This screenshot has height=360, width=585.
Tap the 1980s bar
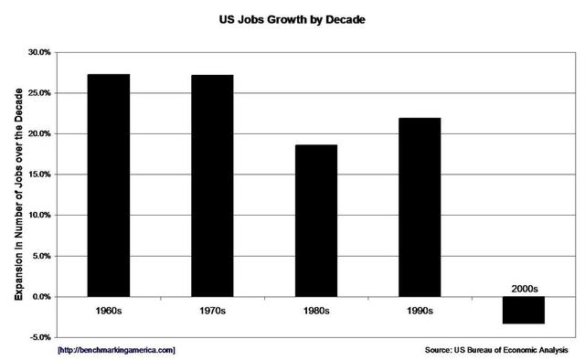pos(316,220)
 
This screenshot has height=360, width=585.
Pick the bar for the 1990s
pos(420,206)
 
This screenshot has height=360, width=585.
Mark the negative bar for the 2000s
pos(524,310)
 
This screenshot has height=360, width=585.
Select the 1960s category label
pos(109,310)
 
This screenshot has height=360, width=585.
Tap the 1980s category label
pos(316,310)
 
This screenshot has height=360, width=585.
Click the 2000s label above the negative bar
pos(524,289)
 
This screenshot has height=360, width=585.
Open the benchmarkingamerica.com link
pos(116,350)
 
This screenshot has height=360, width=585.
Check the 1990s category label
pos(420,310)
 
